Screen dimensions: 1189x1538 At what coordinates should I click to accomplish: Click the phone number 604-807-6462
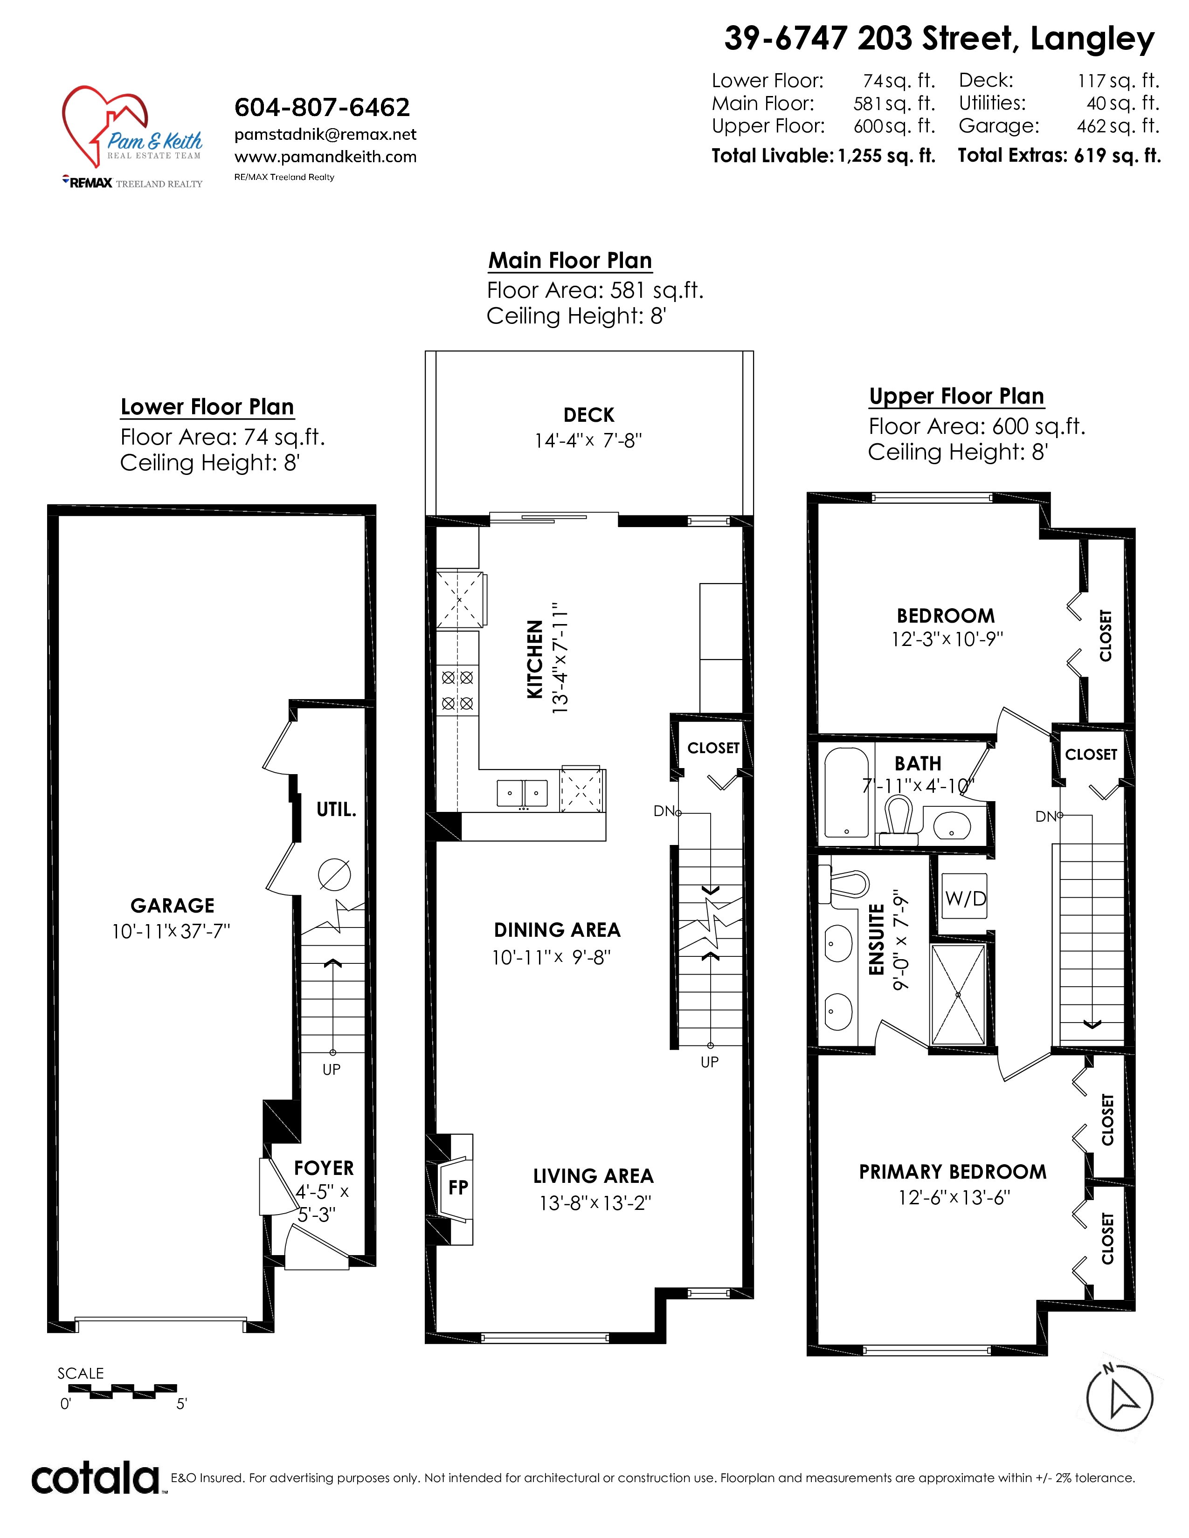point(322,107)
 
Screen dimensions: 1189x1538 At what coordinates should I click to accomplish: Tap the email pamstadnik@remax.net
point(325,135)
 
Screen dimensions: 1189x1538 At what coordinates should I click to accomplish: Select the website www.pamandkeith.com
point(325,157)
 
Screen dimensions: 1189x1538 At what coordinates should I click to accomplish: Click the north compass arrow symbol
point(1120,1399)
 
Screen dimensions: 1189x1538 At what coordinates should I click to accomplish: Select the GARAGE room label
point(173,906)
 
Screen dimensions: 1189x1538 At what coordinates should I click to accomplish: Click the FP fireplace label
point(458,1188)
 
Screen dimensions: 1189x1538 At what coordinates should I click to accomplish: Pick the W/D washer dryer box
point(966,898)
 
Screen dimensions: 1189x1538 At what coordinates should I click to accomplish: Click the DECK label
point(589,415)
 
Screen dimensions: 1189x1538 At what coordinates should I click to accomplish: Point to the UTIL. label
point(336,810)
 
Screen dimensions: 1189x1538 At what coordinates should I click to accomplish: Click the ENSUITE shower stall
point(958,995)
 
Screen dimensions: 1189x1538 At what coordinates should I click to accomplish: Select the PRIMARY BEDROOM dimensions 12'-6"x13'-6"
point(954,1198)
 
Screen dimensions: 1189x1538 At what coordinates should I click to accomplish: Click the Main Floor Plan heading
point(571,261)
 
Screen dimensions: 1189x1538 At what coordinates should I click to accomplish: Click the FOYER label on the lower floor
point(324,1168)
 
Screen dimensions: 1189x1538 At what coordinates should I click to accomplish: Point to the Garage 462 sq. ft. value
point(1118,126)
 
